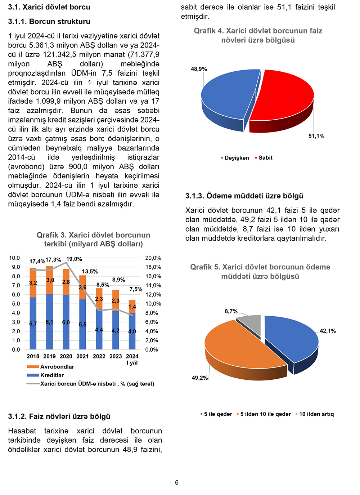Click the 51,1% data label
[x=316, y=136]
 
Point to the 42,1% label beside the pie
[x=328, y=331]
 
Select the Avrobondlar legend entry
[x=57, y=367]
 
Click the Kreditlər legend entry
[x=52, y=375]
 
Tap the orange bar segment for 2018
[x=33, y=283]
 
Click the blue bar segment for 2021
[x=82, y=324]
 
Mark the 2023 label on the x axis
[x=116, y=356]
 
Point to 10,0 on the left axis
[x=14, y=258]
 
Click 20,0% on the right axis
[x=153, y=258]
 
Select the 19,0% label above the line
[x=74, y=259]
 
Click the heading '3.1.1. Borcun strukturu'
[x=49, y=22]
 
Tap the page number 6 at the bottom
[x=177, y=482]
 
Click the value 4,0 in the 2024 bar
[x=132, y=331]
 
